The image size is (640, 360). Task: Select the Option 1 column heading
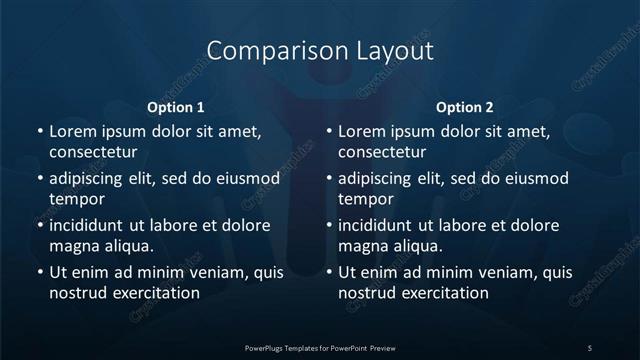coord(176,107)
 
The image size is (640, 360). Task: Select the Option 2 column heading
coord(465,107)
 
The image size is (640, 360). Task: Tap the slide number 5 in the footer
coord(590,347)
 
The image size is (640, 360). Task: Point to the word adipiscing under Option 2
coord(380,179)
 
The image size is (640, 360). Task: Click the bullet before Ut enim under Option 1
coord(38,272)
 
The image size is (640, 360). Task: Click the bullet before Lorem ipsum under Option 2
coord(328,131)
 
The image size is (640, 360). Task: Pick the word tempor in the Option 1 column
coord(73,199)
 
